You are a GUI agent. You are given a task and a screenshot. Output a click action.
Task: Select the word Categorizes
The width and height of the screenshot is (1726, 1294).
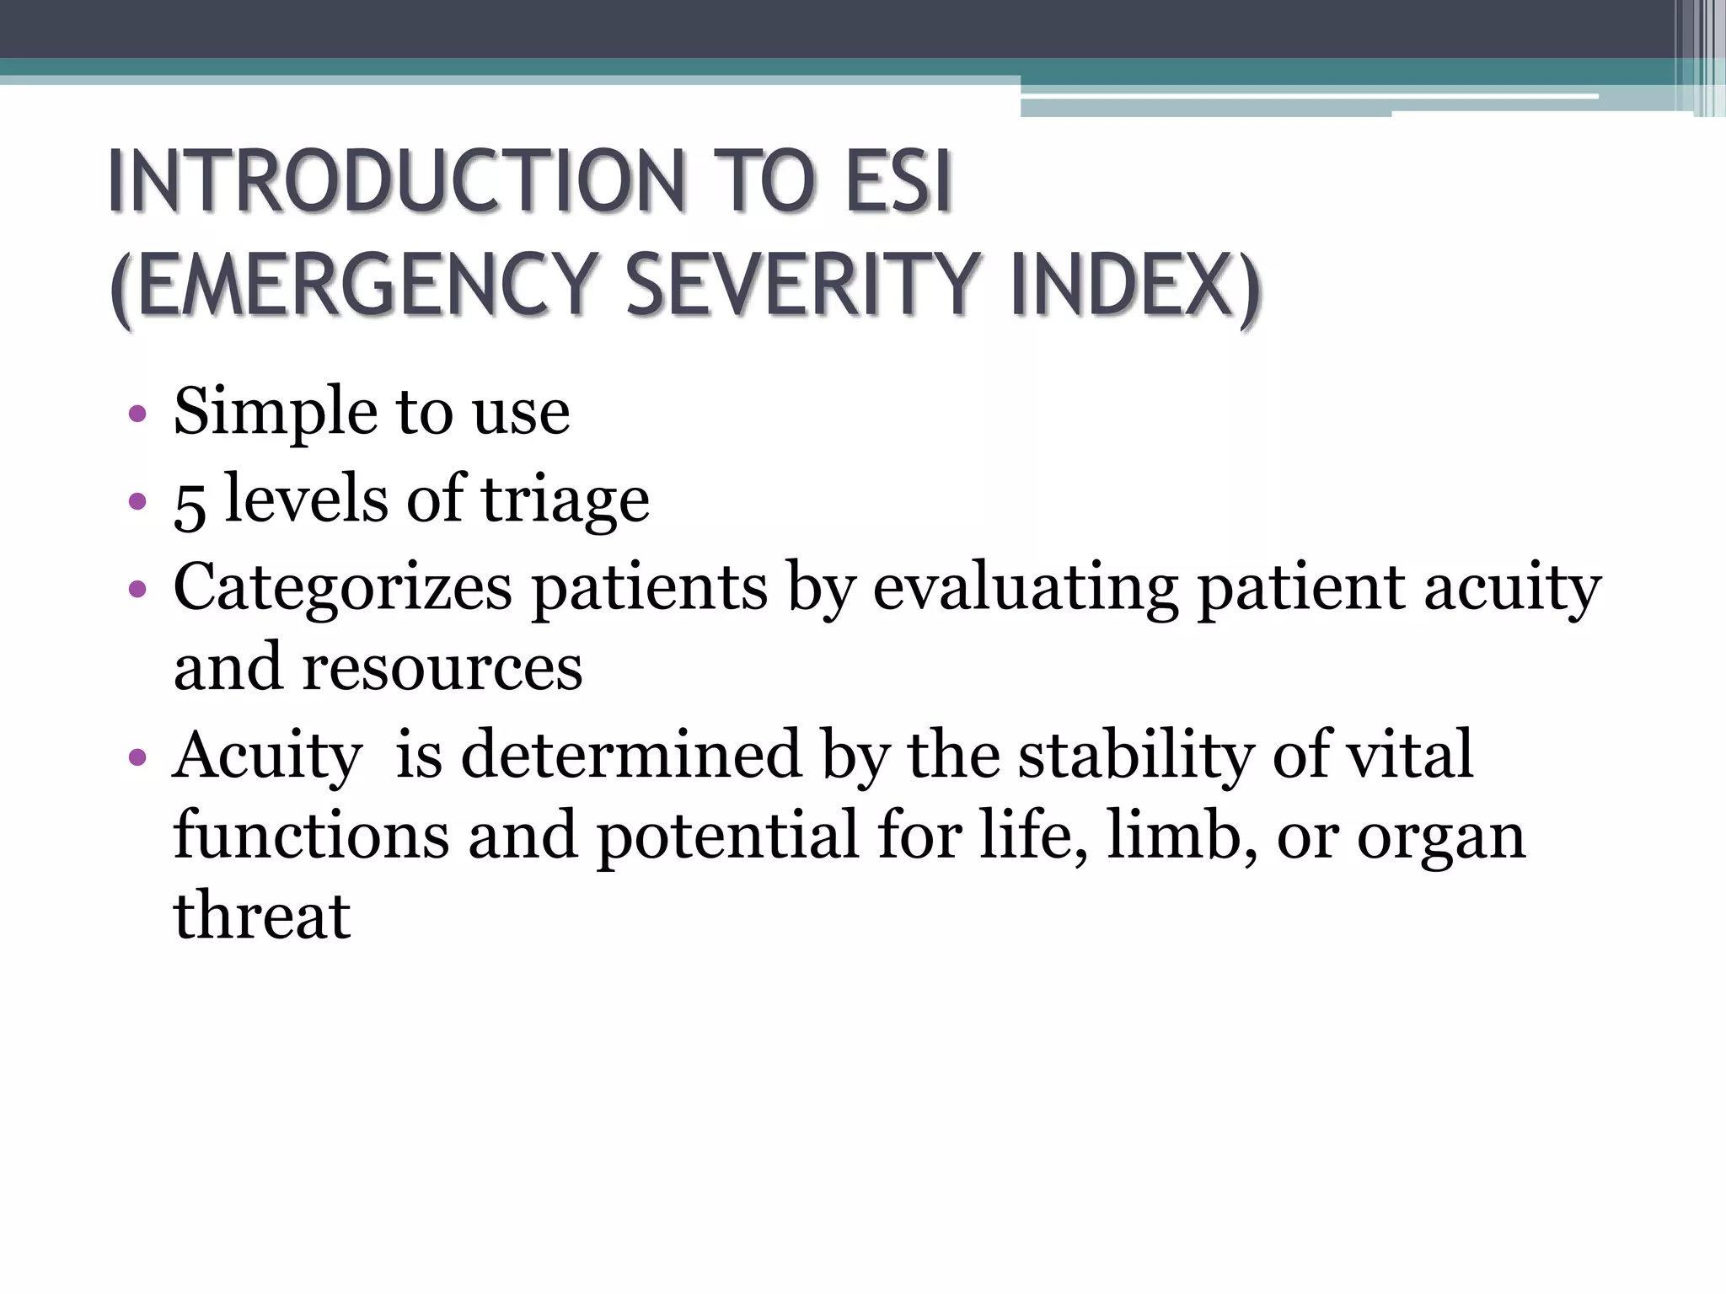pos(342,587)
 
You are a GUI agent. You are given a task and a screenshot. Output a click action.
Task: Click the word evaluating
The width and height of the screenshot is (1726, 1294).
pos(1025,587)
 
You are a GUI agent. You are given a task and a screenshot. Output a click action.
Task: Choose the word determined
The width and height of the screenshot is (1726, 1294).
pos(630,754)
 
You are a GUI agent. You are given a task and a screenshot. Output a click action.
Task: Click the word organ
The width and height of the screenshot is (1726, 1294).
pos(1441,838)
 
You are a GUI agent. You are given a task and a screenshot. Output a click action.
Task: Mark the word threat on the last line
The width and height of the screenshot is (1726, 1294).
pos(261,916)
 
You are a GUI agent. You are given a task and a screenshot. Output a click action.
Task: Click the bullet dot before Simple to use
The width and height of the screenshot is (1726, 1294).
pos(137,414)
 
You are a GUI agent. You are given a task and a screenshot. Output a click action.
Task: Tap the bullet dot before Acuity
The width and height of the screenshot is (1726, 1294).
pos(137,757)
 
